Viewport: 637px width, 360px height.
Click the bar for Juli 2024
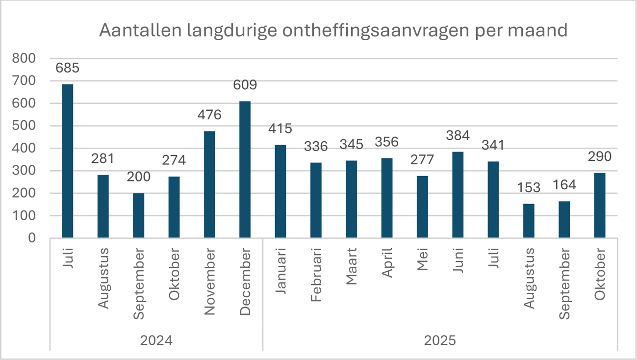pyautogui.click(x=68, y=161)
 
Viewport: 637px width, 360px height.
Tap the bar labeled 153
pyautogui.click(x=529, y=221)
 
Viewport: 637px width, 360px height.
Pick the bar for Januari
pyautogui.click(x=280, y=191)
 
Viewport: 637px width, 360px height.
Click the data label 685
pyautogui.click(x=68, y=67)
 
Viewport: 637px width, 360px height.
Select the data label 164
pyautogui.click(x=564, y=186)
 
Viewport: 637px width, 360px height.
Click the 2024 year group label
pyautogui.click(x=155, y=340)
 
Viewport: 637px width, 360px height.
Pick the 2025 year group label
pyautogui.click(x=440, y=340)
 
